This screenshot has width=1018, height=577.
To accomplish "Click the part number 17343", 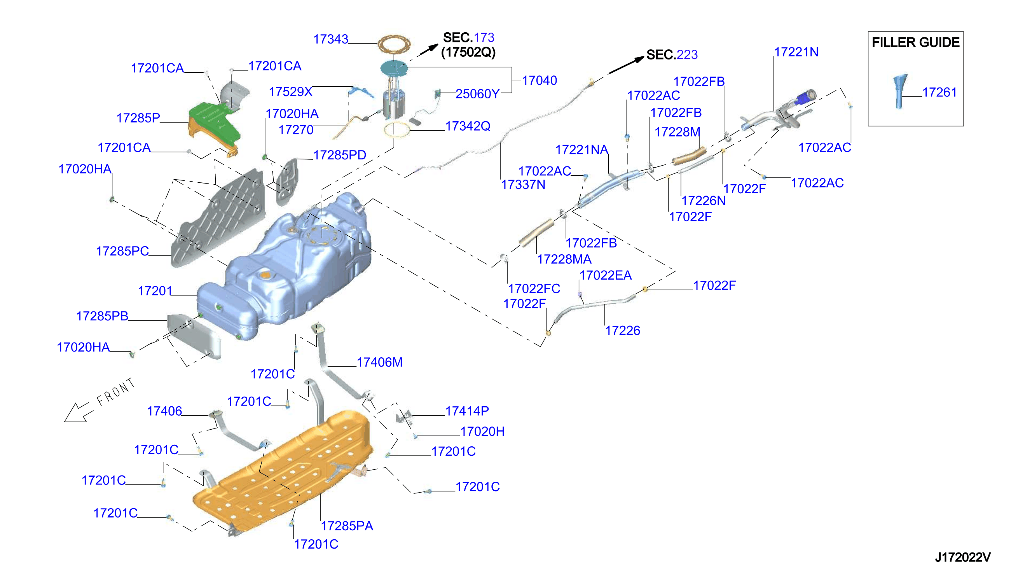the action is pyautogui.click(x=331, y=39).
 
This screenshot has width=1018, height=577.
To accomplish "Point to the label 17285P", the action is pyautogui.click(x=138, y=118).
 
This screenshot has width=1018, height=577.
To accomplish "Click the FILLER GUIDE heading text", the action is pyautogui.click(x=915, y=42).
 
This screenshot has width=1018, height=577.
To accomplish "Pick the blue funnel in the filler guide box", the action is pyautogui.click(x=899, y=91).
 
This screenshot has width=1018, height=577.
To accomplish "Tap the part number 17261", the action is pyautogui.click(x=939, y=92).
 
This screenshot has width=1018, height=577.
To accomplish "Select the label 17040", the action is pyautogui.click(x=540, y=80).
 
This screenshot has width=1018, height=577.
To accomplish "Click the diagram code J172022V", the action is pyautogui.click(x=962, y=557).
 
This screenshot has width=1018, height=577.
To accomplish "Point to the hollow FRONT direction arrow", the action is pyautogui.click(x=78, y=413).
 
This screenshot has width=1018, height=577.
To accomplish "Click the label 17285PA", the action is pyautogui.click(x=347, y=526).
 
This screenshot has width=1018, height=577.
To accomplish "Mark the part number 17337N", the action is pyautogui.click(x=523, y=185).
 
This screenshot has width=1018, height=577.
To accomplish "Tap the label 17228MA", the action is pyautogui.click(x=564, y=259).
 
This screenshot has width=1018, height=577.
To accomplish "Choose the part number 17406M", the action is pyautogui.click(x=379, y=362).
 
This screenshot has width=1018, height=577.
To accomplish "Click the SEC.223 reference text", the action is pyautogui.click(x=672, y=55).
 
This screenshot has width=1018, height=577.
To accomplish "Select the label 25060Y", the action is pyautogui.click(x=477, y=94).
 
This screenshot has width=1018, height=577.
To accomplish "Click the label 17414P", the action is pyautogui.click(x=467, y=411).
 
